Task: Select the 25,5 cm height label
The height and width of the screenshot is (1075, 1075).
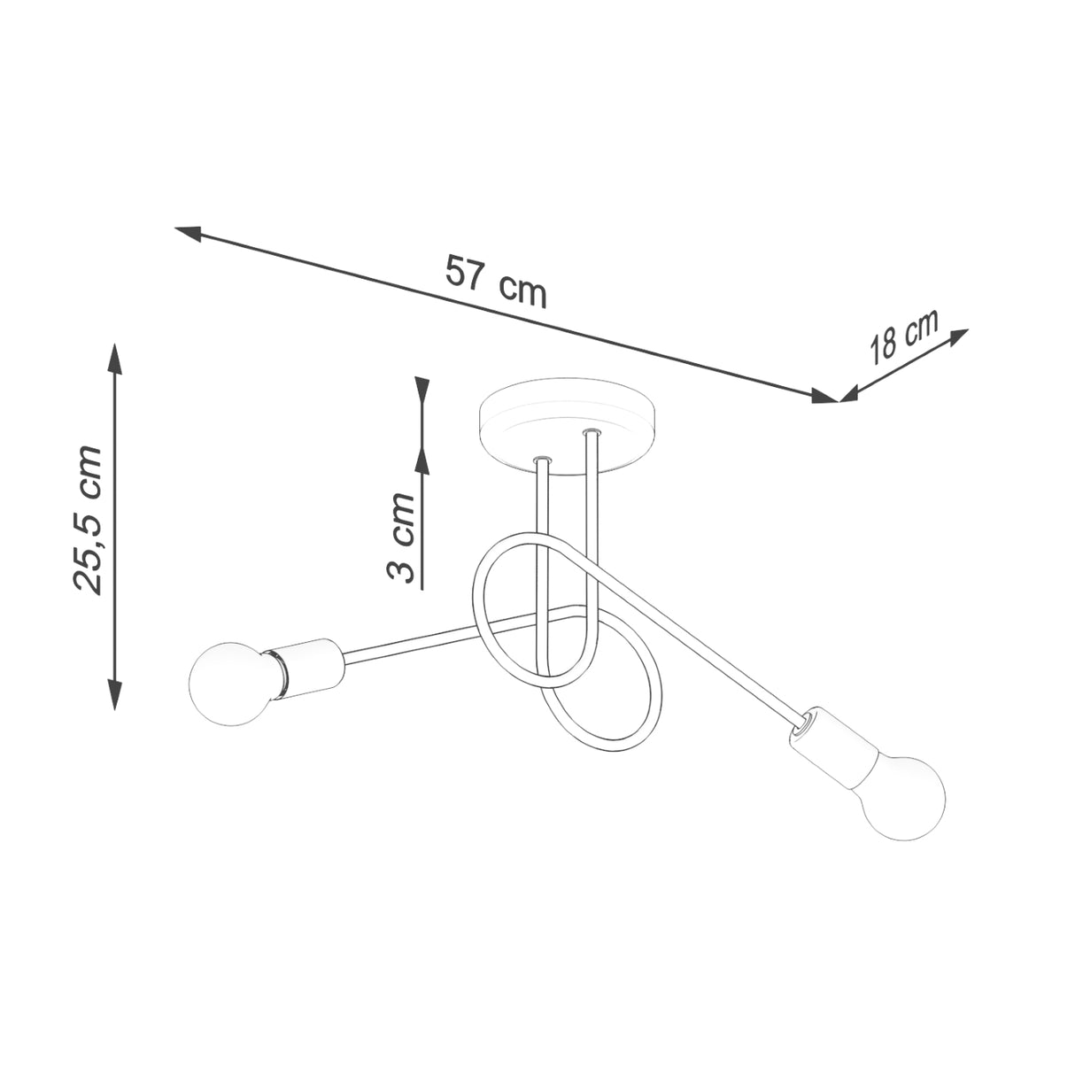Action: (89, 520)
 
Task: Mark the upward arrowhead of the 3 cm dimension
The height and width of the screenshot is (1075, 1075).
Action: (422, 464)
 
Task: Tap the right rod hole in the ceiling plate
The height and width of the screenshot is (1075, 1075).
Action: (589, 433)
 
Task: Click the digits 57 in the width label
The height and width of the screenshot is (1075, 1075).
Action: (467, 272)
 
